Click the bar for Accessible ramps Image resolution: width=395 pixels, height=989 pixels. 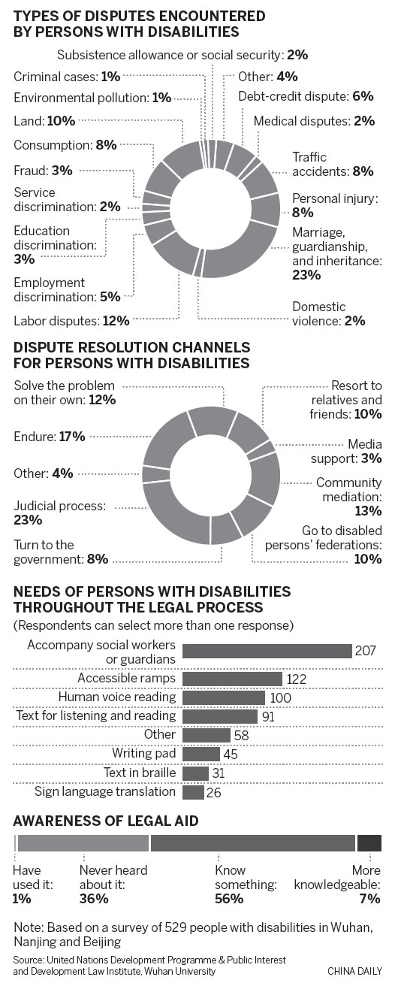pyautogui.click(x=232, y=679)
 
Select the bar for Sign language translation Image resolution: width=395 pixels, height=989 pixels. pyautogui.click(x=193, y=792)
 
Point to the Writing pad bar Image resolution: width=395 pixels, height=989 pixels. pyautogui.click(x=201, y=754)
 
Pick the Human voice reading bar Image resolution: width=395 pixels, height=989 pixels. pyautogui.click(x=224, y=698)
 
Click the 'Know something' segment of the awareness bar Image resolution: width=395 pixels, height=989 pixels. pyautogui.click(x=253, y=843)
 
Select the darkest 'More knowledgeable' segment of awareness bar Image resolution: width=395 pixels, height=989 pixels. pyautogui.click(x=369, y=843)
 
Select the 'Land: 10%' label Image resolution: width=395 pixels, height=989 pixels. pyautogui.click(x=44, y=119)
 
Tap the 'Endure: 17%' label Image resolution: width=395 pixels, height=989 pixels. pyautogui.click(x=49, y=436)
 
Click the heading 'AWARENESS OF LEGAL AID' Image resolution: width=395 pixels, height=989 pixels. pyautogui.click(x=106, y=821)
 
